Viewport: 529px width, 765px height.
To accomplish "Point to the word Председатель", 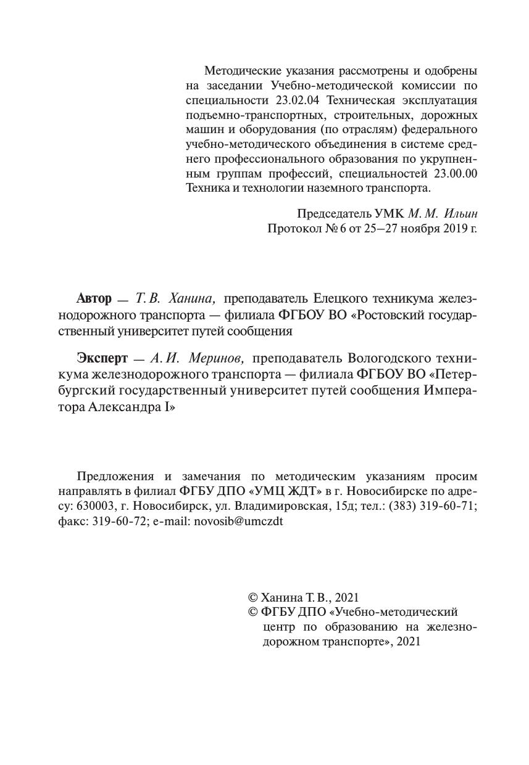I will [335, 213].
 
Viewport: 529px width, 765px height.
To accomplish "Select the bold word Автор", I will [94, 299].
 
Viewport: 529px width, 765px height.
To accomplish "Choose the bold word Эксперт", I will [102, 358].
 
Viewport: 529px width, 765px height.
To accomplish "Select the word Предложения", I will [114, 477].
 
